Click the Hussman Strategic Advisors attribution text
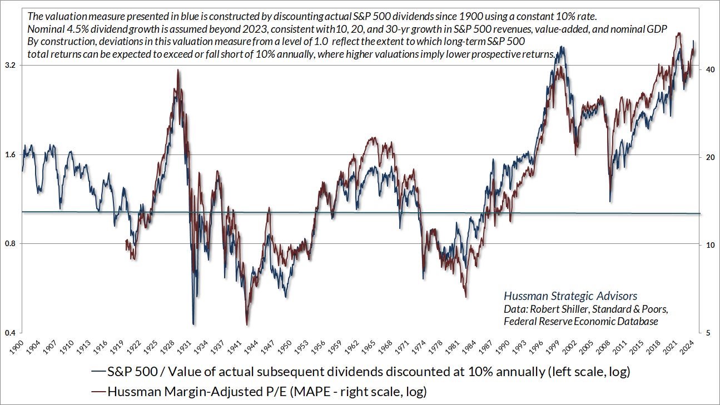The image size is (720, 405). [570, 296]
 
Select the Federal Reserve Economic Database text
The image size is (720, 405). [580, 321]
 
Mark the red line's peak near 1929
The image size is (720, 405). [178, 70]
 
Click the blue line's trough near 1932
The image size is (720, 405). [193, 324]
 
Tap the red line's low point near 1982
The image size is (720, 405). [465, 297]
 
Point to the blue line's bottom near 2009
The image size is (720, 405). [610, 201]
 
